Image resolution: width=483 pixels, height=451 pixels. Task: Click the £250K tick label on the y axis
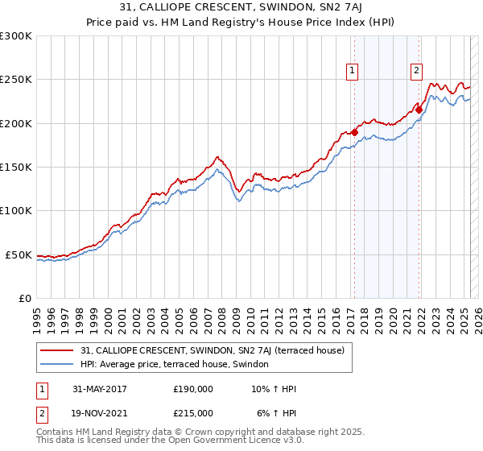(x=16, y=80)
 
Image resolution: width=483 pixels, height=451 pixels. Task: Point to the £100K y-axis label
(x=16, y=211)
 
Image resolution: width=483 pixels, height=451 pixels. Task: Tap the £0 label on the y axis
(x=25, y=298)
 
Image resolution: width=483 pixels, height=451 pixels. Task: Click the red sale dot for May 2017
(x=354, y=132)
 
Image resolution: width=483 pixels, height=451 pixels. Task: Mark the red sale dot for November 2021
(x=419, y=110)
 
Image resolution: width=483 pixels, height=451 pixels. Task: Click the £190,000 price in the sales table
(x=193, y=389)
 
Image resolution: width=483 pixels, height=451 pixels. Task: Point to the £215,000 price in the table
(x=193, y=413)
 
